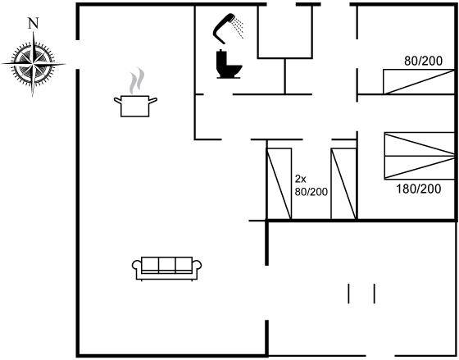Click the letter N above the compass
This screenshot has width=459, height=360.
[x=34, y=23]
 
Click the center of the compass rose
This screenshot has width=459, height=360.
[x=33, y=64]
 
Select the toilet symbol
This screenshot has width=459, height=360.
[x=229, y=64]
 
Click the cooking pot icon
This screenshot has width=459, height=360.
[x=135, y=106]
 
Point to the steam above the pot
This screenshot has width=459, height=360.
[x=137, y=80]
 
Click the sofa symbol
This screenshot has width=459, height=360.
[x=166, y=269]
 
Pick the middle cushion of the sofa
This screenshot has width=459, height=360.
[x=167, y=265]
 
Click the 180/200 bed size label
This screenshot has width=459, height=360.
[x=418, y=189]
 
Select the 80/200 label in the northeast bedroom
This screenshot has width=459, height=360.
[x=423, y=61]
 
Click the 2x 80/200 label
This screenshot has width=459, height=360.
[x=311, y=185]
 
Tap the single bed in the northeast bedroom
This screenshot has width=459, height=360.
[x=419, y=82]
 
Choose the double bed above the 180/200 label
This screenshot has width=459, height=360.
[x=419, y=156]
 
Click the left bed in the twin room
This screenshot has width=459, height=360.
[x=279, y=184]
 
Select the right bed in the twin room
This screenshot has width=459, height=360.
[x=343, y=184]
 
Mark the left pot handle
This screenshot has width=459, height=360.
[x=118, y=101]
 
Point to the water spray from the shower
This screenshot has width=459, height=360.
[x=239, y=28]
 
